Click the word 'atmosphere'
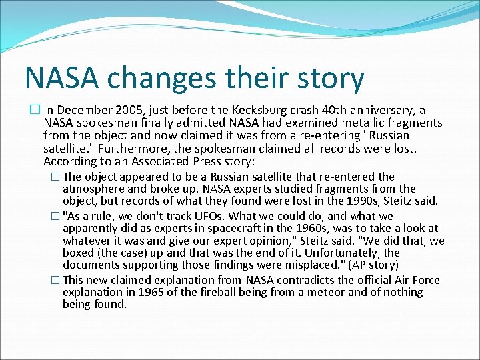coord(91,189)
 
